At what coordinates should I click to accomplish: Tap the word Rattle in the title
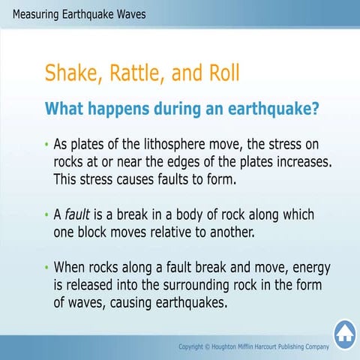[x=138, y=73]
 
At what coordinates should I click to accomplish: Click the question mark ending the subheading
[x=315, y=108]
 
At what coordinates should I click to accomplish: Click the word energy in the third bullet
[x=308, y=268]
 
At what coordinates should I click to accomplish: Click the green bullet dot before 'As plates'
[x=46, y=144]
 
